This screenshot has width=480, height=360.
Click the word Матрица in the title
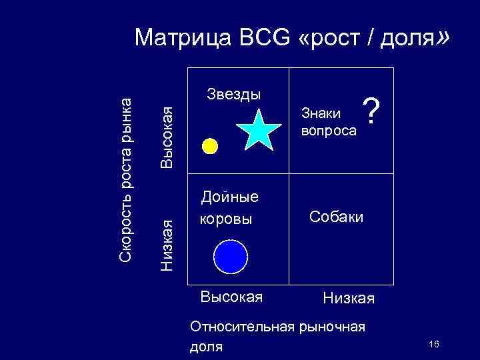click(177, 39)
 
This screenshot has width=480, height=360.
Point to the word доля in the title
click(409, 39)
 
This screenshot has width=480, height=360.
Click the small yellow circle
click(210, 146)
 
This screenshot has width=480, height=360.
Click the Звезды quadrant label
click(233, 94)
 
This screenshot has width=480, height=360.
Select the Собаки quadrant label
click(337, 217)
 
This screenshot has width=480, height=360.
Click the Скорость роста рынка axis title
click(126, 177)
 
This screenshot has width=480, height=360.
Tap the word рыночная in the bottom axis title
click(331, 327)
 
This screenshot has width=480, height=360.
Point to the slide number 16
click(434, 343)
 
